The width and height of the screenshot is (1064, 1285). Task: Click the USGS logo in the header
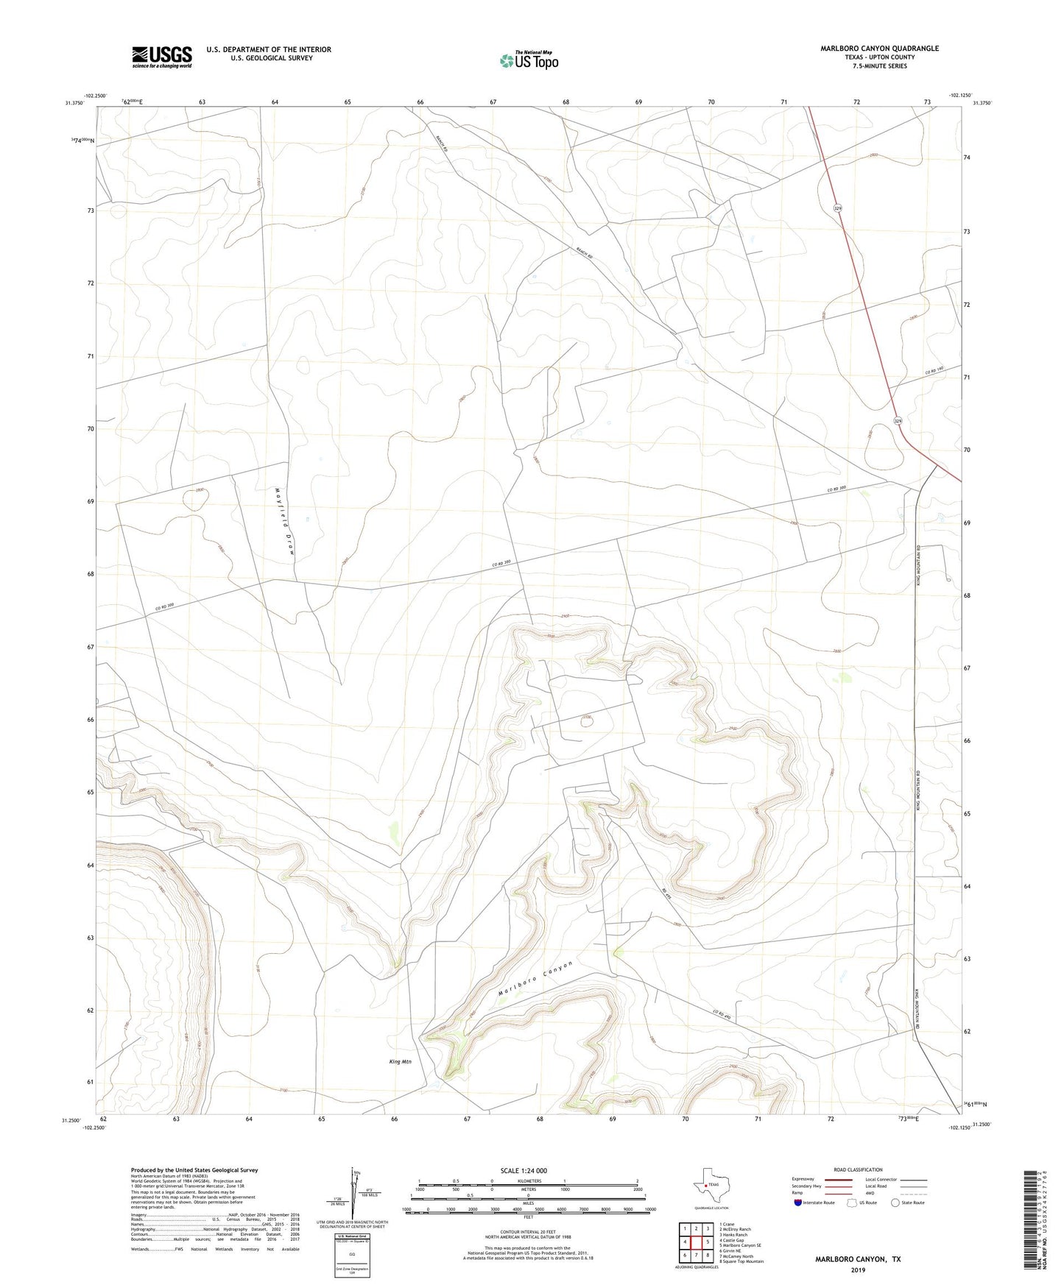162,57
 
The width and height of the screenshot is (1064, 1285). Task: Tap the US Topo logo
529,60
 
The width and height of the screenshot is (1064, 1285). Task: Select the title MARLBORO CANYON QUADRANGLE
879,49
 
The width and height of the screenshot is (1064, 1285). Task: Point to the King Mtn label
400,1062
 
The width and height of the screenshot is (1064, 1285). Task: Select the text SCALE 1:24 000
524,1171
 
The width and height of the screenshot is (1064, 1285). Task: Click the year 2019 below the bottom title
858,1270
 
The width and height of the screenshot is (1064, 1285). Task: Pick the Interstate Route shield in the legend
798,1203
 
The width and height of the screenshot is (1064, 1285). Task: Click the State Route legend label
914,1203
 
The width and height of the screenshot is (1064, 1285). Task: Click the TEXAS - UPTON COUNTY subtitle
879,57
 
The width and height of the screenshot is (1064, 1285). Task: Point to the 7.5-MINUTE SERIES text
879,66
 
